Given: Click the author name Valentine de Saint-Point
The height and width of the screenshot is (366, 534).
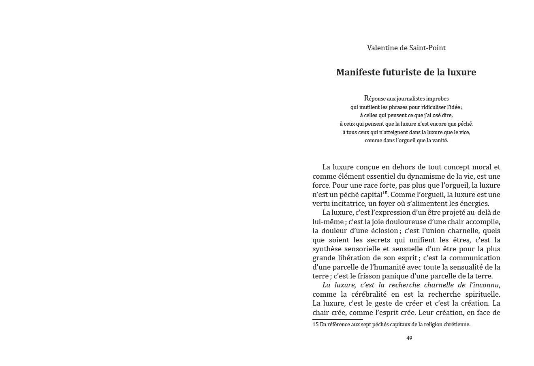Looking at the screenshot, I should (406, 48).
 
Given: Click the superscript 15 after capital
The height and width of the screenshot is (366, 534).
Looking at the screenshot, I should (385, 193).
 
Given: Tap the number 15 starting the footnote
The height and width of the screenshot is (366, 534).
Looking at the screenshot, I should (316, 325).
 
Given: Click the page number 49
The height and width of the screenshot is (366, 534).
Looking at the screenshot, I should (409, 338).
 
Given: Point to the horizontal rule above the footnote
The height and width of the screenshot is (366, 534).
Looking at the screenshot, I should (337, 319).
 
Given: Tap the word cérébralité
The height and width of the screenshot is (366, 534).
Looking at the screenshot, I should (367, 294).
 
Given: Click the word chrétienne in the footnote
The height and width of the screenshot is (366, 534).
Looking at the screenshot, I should (457, 325).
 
